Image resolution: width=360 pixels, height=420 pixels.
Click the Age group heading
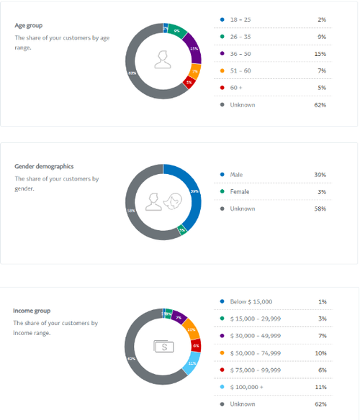[x=29, y=26]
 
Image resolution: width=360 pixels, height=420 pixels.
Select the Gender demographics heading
[x=44, y=167]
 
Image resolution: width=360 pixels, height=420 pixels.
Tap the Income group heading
[x=32, y=311]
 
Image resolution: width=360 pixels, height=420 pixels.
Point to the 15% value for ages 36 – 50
[x=320, y=54]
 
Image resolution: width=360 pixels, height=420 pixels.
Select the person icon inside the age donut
[x=163, y=60]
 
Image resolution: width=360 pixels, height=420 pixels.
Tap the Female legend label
[x=240, y=192]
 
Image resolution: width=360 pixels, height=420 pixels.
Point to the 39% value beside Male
[x=320, y=175]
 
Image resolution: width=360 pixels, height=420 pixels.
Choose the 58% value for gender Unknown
[x=320, y=209]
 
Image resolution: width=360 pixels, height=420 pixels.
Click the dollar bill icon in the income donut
[x=163, y=346]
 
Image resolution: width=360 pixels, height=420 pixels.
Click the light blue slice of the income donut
[x=192, y=363]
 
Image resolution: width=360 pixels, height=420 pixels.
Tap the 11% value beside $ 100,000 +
[x=320, y=388]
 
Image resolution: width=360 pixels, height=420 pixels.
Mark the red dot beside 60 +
[x=222, y=88]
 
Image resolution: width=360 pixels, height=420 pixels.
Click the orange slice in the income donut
[x=192, y=332]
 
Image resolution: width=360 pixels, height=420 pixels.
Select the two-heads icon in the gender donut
[x=163, y=202]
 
